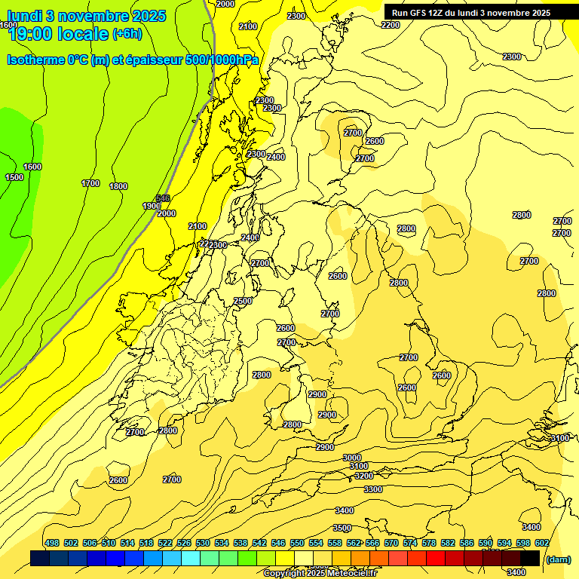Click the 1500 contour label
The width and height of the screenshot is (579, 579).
click(x=14, y=177)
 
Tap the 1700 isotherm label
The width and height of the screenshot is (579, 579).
click(x=90, y=183)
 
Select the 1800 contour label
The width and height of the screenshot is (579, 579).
click(x=118, y=186)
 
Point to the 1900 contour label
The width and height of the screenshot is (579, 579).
click(x=152, y=206)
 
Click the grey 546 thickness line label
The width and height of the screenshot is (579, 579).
click(x=163, y=198)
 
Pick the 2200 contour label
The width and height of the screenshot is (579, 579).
click(x=391, y=25)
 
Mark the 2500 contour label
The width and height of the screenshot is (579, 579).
click(x=243, y=301)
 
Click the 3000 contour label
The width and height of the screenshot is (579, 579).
click(x=352, y=458)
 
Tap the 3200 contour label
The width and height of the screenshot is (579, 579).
click(x=364, y=476)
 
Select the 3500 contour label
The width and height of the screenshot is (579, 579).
click(x=342, y=528)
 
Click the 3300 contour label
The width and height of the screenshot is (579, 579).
click(x=372, y=489)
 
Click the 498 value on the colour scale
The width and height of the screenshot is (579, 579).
click(x=52, y=543)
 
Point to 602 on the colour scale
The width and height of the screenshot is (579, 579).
click(x=542, y=543)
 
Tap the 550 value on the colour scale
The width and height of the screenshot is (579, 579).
click(x=297, y=543)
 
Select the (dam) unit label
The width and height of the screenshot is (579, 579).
click(x=558, y=559)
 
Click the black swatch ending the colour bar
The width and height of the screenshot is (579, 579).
click(x=531, y=558)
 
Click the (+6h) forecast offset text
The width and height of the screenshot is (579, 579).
click(x=126, y=33)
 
